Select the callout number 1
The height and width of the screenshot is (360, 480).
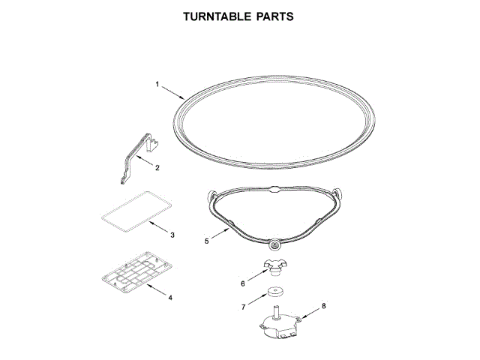(x=157, y=85)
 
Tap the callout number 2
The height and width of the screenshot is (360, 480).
(x=157, y=167)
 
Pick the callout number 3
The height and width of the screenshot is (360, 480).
(x=172, y=235)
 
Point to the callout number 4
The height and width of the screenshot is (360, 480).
(x=170, y=298)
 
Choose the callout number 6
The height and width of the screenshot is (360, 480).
(x=242, y=283)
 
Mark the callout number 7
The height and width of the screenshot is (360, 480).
(x=242, y=307)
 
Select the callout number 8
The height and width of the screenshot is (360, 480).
(x=323, y=306)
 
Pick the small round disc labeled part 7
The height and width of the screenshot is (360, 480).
(x=277, y=292)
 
